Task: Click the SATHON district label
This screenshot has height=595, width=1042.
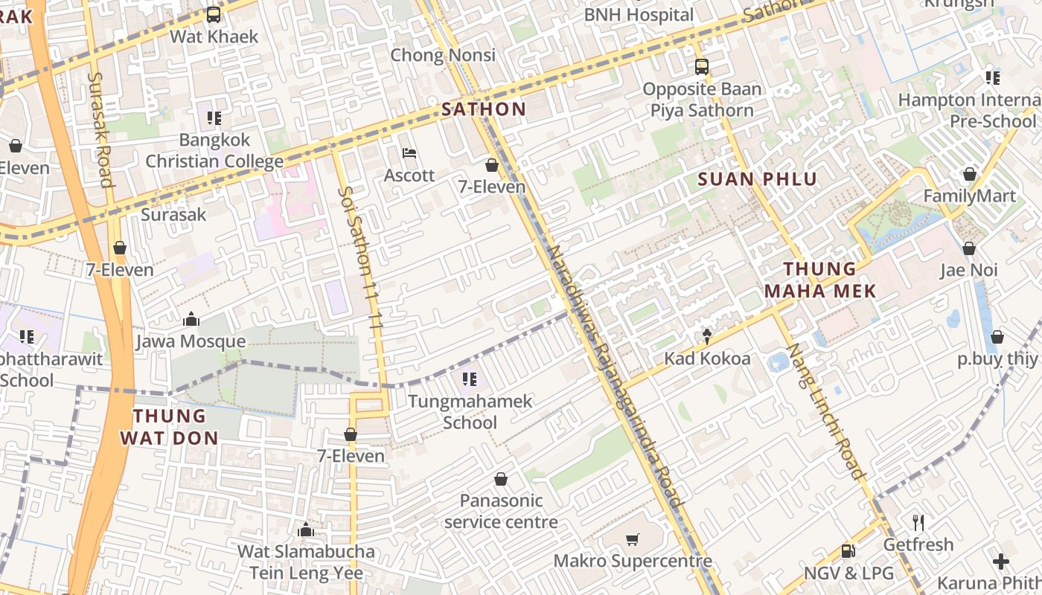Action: (x=484, y=109)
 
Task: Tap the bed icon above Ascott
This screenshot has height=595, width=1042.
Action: (x=409, y=153)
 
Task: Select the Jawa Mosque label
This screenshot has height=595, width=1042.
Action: (x=191, y=341)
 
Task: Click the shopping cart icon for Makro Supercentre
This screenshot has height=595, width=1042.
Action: (x=632, y=539)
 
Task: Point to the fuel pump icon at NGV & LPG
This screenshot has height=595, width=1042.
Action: (x=848, y=551)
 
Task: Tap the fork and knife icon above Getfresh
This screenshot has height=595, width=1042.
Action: (x=918, y=523)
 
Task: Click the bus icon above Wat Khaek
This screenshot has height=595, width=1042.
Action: (x=214, y=14)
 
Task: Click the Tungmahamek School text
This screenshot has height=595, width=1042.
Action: (x=470, y=412)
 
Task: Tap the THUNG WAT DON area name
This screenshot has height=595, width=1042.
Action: (x=170, y=427)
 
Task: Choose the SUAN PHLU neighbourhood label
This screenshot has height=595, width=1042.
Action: (x=757, y=178)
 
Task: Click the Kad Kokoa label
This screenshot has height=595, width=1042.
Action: (x=707, y=358)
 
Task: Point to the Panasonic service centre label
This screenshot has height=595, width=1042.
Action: (x=501, y=511)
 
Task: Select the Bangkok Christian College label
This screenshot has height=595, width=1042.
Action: (x=214, y=150)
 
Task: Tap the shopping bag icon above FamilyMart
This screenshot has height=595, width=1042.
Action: (x=969, y=174)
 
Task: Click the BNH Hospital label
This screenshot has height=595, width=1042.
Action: (x=639, y=15)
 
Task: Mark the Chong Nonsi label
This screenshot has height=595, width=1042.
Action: (x=443, y=55)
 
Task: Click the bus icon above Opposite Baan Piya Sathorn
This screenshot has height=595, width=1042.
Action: (x=702, y=67)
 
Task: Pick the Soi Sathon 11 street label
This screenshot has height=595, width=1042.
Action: (x=361, y=257)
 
